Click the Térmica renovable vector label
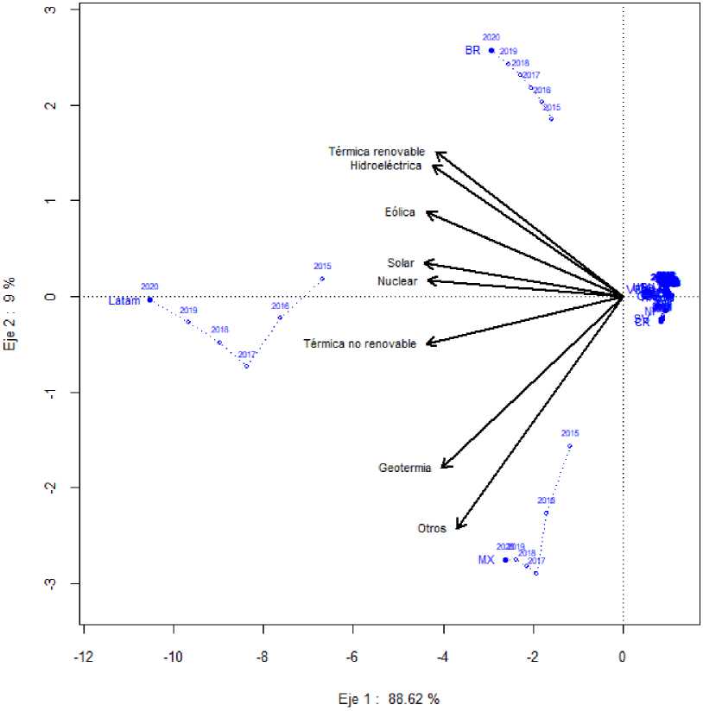tap(377, 152)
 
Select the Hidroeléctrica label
tap(386, 165)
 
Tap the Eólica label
tap(400, 212)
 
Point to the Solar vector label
tap(401, 263)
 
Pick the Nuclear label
tap(397, 281)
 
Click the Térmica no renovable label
tap(359, 343)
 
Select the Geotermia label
tap(405, 469)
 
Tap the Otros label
tap(432, 528)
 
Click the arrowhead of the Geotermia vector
tap(442, 467)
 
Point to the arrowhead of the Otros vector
tap(457, 528)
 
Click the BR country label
tap(472, 51)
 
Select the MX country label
tap(486, 560)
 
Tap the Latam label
tap(124, 301)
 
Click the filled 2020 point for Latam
tap(150, 299)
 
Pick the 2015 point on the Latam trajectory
tap(322, 278)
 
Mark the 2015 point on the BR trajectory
tap(551, 118)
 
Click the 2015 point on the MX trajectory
tap(569, 446)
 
